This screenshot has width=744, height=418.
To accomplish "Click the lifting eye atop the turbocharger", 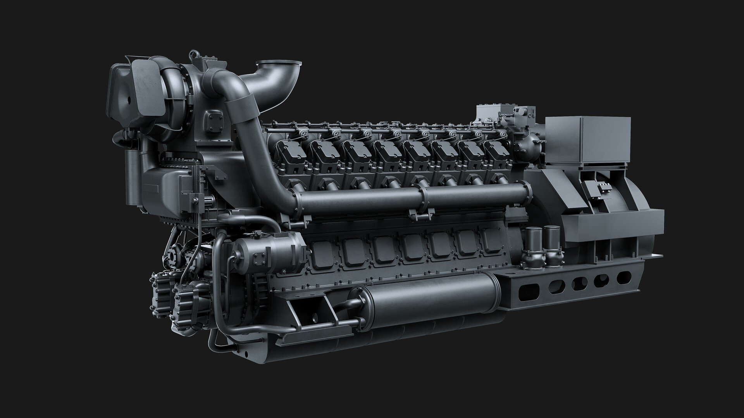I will (192, 55).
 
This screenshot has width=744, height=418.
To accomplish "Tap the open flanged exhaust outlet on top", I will (279, 64).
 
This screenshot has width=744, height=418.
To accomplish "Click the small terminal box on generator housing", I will (597, 189).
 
